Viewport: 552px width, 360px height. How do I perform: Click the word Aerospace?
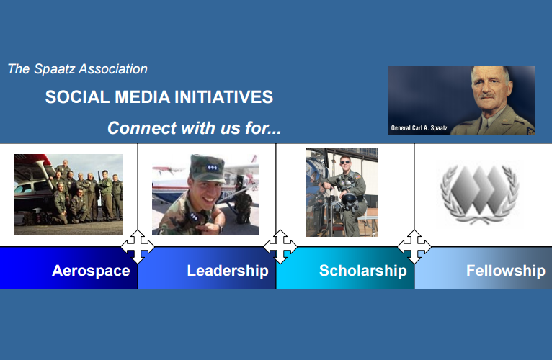[x=91, y=271]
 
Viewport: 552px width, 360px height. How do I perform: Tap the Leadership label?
[x=228, y=271]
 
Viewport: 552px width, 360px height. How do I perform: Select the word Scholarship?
[x=363, y=271]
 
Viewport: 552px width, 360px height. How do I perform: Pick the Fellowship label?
[x=506, y=271]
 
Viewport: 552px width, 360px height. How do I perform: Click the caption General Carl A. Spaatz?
[x=419, y=128]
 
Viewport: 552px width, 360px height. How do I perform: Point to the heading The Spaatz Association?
[x=77, y=69]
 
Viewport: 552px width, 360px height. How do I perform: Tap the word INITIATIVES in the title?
[x=224, y=96]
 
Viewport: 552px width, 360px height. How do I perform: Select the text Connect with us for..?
[x=195, y=128]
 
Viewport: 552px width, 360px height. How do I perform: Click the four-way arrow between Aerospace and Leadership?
[x=138, y=247]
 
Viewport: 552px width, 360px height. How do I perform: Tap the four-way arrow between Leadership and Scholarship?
[x=280, y=247]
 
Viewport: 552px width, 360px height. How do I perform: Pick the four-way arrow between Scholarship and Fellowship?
[x=414, y=247]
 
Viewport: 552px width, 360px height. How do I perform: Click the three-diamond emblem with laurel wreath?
[x=480, y=193]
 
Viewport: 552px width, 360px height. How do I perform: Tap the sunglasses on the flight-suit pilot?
[x=345, y=162]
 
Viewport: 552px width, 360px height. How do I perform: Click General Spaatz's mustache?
[x=488, y=95]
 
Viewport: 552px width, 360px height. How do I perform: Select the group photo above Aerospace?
[x=68, y=194]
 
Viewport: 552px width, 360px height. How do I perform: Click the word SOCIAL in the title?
[x=77, y=96]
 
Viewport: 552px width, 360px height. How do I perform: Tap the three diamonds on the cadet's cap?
[x=213, y=168]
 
